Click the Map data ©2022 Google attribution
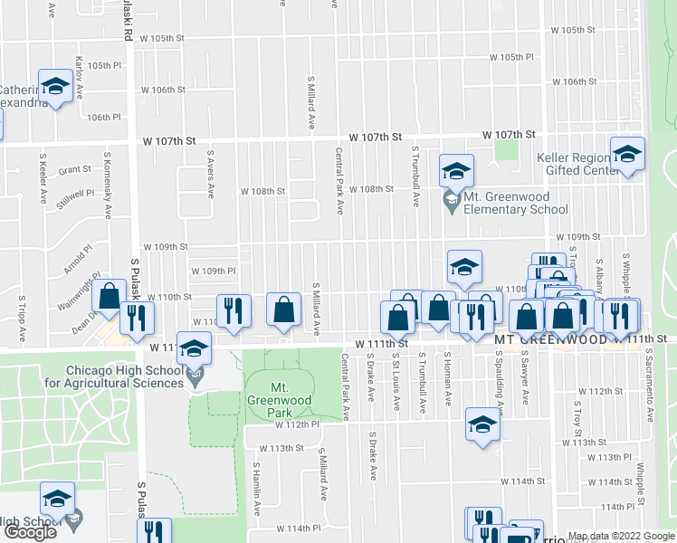coord(621,536)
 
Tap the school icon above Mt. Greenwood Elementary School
coord(456,170)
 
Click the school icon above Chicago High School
coord(195,348)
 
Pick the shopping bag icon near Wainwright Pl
coord(109,297)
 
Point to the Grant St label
coord(75,169)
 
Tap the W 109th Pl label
coord(214,271)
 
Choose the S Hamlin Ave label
coord(256,489)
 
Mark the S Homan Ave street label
coord(447,380)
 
